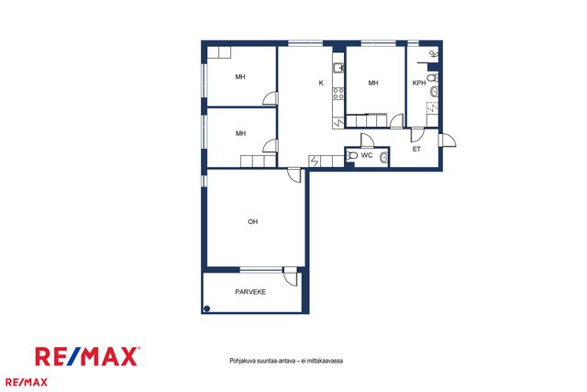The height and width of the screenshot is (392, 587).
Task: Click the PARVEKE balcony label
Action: coord(250,292)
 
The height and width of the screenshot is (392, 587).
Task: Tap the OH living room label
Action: coord(253,221)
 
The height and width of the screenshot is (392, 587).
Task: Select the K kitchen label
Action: coord(321,84)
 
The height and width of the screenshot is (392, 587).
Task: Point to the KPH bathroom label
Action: coord(419,84)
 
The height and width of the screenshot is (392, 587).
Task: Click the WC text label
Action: coord(367,155)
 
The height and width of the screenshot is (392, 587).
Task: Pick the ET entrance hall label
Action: coord(416,149)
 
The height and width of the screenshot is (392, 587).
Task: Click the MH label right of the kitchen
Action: coord(373,83)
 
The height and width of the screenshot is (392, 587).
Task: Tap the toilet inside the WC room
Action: coord(351,155)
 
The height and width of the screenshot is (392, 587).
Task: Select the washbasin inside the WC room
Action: coord(383,158)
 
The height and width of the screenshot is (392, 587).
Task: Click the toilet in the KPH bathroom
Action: coord(433,78)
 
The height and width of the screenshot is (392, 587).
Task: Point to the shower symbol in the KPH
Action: coord(433,54)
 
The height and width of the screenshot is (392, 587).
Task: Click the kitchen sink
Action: coord(338,68)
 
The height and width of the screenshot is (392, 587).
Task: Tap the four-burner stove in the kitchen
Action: coord(338,93)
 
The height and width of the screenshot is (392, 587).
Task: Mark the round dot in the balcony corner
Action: coord(206,308)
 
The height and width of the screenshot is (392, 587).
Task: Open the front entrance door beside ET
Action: coord(449,140)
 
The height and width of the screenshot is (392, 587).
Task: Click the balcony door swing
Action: coord(290,276)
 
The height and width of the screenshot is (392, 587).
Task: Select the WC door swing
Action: coord(367,140)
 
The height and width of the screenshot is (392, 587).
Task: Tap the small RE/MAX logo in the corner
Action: coord(27,382)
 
